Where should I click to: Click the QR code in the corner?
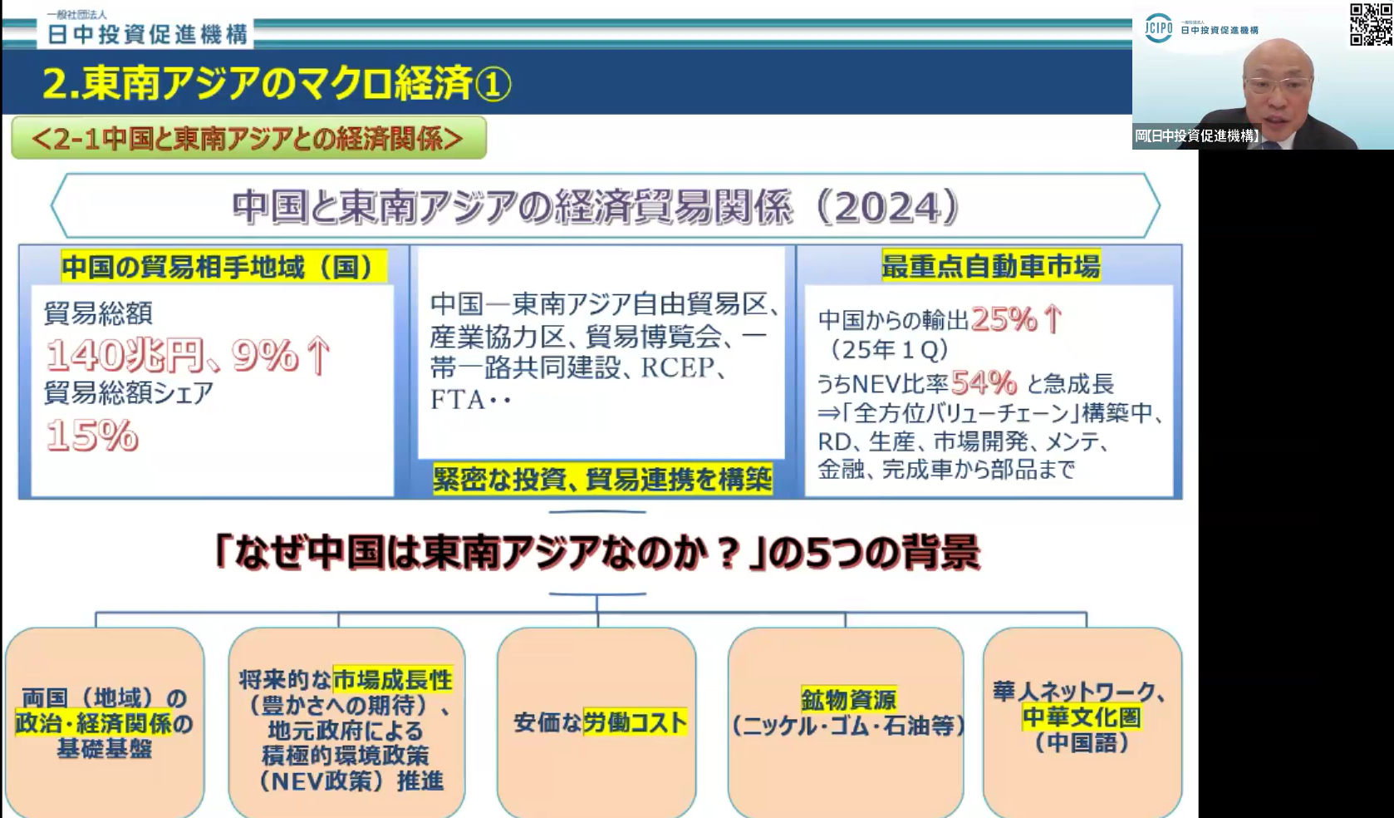click(1371, 24)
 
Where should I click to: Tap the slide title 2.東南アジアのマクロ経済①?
click(277, 83)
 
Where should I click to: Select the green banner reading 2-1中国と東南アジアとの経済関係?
click(248, 138)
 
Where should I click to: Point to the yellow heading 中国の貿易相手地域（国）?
click(224, 267)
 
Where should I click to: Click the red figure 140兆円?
click(125, 356)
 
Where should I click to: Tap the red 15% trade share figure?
click(92, 435)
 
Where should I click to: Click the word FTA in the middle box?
click(458, 399)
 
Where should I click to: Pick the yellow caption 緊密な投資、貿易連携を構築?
click(602, 480)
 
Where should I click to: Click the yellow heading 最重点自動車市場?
click(991, 266)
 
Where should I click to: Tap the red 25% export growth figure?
click(1004, 320)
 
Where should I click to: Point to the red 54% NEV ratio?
click(984, 383)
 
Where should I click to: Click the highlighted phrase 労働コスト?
click(635, 722)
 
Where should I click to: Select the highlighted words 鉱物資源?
click(848, 699)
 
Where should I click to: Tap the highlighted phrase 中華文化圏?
click(1082, 717)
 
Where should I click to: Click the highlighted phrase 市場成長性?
click(392, 679)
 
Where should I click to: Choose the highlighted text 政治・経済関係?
click(93, 723)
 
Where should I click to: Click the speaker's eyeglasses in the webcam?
click(1278, 84)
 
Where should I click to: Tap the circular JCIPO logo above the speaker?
click(1158, 28)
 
